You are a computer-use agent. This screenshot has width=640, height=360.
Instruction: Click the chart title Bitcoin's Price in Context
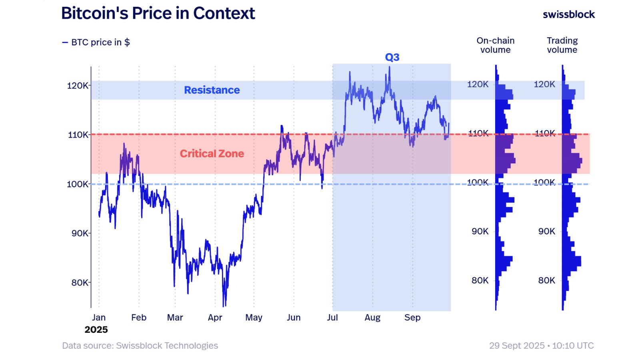coord(158,14)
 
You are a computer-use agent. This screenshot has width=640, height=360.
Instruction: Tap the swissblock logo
coord(568,14)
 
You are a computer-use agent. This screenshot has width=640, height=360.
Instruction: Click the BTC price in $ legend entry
coord(96,42)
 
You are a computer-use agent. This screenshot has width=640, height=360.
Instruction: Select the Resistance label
coord(212,90)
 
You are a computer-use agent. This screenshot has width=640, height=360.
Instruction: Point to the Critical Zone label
coord(212,154)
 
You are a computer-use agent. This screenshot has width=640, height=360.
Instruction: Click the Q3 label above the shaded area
coord(392,57)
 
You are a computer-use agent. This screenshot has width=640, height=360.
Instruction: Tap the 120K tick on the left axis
coord(77,86)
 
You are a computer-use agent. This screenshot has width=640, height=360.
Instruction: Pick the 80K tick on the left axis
coord(80,283)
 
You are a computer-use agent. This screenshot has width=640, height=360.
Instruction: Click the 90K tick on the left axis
coord(80,233)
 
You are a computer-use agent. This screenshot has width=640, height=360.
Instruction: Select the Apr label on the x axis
coord(215,318)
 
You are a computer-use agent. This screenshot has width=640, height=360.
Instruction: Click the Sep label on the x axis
coord(412,318)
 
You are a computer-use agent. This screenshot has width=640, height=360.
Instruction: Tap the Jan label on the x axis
coord(99,318)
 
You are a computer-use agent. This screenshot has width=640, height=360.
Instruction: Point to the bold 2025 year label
coord(96,330)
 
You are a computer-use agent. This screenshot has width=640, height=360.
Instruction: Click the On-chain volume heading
coord(495,45)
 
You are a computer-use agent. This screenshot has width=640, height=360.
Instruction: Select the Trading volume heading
coord(562,45)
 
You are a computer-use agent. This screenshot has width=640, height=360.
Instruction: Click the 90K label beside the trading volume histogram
coord(546,231)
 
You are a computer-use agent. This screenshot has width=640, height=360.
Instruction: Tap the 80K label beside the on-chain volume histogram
coord(480,280)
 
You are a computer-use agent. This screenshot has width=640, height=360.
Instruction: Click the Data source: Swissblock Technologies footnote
coord(140,346)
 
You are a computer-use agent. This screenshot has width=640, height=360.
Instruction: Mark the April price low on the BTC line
coord(224,306)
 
